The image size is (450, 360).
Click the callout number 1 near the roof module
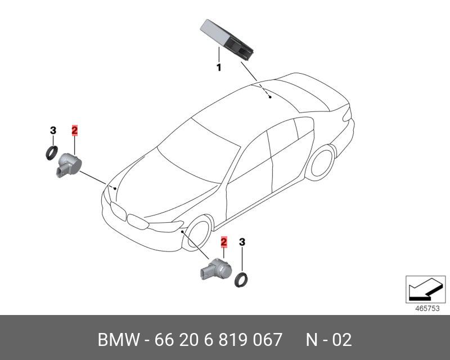click(218, 67)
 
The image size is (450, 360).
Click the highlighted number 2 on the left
click(74, 130)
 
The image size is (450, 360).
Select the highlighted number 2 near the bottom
click(224, 242)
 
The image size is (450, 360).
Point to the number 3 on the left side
click(53, 130)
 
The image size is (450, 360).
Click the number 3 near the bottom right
click(242, 242)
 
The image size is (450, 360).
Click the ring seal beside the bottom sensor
click(243, 278)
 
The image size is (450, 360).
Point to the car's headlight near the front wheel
click(164, 227)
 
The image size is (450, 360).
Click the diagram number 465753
click(422, 308)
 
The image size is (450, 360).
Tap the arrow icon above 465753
click(421, 289)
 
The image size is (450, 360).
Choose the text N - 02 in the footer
click(328, 340)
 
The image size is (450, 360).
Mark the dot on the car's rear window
click(270, 97)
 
